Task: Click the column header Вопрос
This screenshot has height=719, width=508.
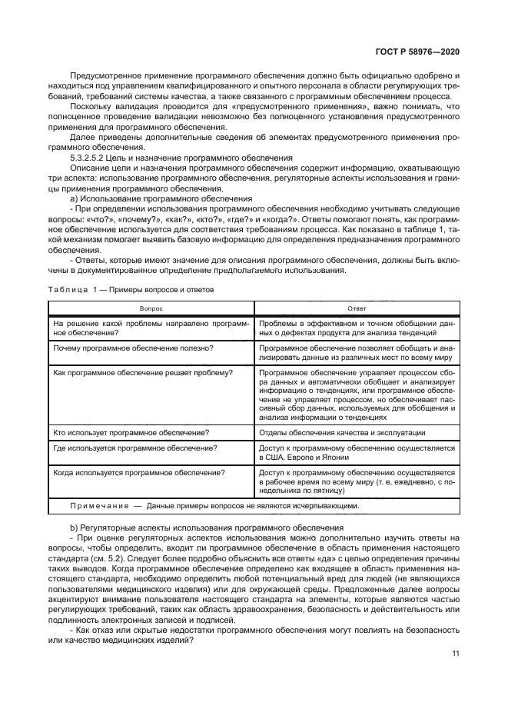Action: pos(151,307)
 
